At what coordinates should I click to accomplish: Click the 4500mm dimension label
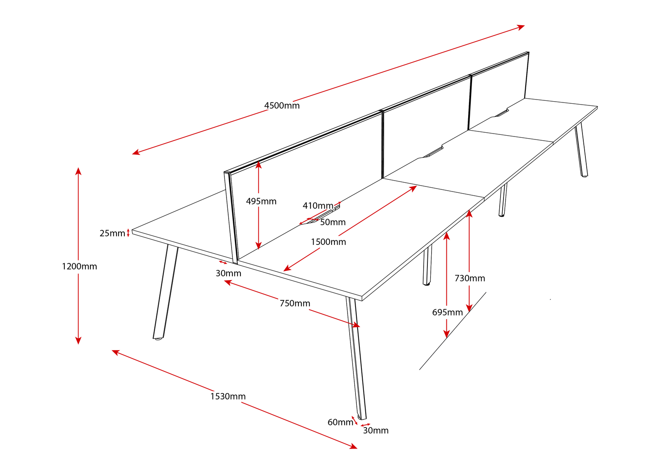[x=282, y=105]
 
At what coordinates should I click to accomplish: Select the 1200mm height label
[x=79, y=266]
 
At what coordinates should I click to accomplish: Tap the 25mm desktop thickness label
[x=112, y=233]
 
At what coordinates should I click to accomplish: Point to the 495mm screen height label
[x=261, y=201]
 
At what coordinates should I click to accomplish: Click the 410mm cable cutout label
[x=318, y=206]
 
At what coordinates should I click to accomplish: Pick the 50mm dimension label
[x=333, y=222]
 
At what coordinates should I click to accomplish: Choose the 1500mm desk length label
[x=328, y=242]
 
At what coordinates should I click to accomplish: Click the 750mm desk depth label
[x=295, y=303]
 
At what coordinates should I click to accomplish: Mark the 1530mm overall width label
[x=228, y=396]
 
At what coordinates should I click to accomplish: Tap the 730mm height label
[x=470, y=278]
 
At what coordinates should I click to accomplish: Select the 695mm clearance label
[x=447, y=312]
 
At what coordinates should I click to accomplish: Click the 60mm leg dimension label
[x=340, y=422]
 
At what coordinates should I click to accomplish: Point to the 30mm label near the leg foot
[x=376, y=430]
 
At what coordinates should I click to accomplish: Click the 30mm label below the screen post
[x=228, y=273]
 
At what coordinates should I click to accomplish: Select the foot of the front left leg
[x=158, y=338]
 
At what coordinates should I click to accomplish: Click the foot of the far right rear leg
[x=584, y=175]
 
